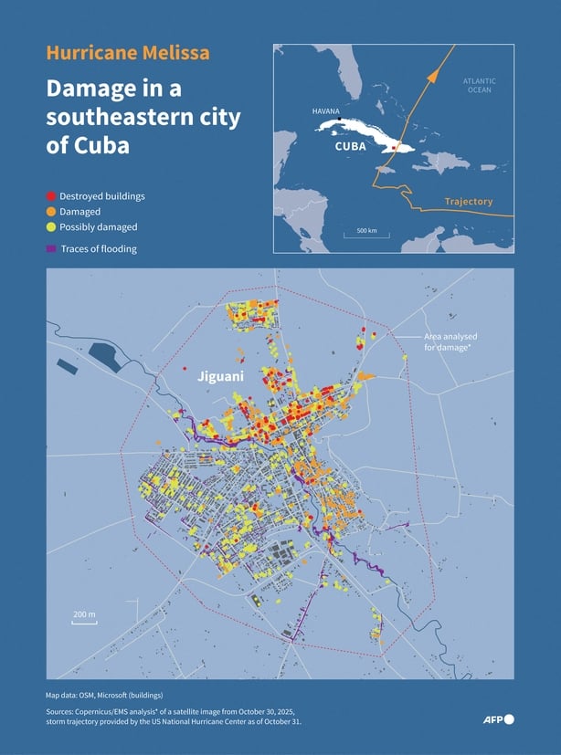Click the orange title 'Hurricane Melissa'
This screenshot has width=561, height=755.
pyautogui.click(x=128, y=53)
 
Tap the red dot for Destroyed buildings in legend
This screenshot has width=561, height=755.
pyautogui.click(x=51, y=196)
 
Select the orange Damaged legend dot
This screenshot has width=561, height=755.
pyautogui.click(x=51, y=212)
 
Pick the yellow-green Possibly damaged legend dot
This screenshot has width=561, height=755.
pyautogui.click(x=51, y=227)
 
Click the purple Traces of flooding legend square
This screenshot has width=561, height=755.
pyautogui.click(x=51, y=248)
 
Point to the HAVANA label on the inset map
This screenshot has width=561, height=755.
pyautogui.click(x=326, y=110)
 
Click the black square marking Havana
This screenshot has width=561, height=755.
pyautogui.click(x=340, y=120)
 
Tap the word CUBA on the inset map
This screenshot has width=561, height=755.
pyautogui.click(x=351, y=146)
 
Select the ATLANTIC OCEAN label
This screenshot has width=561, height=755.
pyautogui.click(x=479, y=86)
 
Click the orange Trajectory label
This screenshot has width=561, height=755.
pyautogui.click(x=468, y=202)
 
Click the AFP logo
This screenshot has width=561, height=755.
pyautogui.click(x=498, y=719)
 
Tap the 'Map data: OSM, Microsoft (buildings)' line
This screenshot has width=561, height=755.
pyautogui.click(x=104, y=695)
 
